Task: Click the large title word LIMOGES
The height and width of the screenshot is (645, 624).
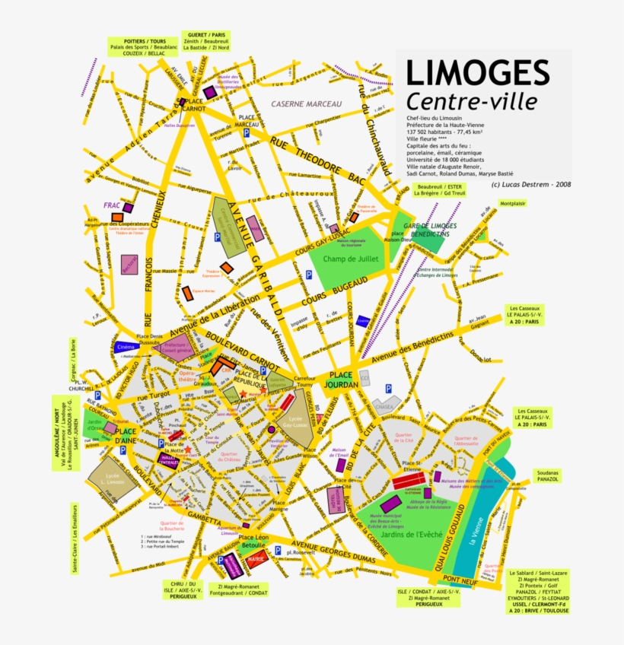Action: (476, 73)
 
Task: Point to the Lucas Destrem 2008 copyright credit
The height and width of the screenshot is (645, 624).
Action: (520, 184)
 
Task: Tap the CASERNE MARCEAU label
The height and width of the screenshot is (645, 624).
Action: (307, 104)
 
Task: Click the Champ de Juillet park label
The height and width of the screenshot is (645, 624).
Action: (349, 259)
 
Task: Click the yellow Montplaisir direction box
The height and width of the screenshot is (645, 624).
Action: (512, 204)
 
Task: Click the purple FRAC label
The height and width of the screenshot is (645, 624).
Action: (113, 205)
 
